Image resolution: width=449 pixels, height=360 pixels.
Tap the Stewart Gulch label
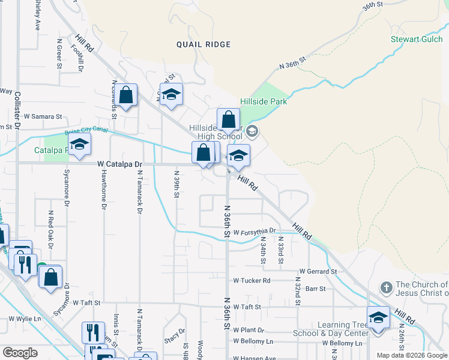418,40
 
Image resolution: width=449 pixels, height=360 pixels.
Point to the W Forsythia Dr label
255,231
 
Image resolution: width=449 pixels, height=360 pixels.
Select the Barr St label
315,289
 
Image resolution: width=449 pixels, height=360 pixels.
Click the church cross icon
387,286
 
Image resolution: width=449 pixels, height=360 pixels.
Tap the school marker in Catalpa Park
79,145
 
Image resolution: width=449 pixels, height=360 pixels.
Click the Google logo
20,353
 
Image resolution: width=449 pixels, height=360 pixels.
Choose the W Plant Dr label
249,330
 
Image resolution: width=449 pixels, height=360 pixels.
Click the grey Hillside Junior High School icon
253,131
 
